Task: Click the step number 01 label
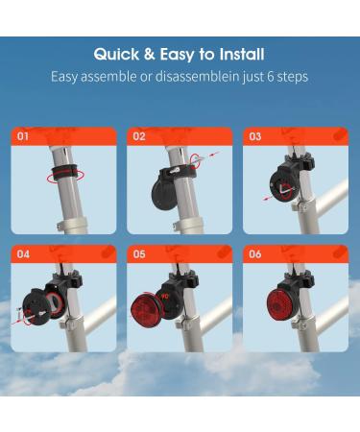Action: [24, 137]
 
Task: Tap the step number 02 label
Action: [139, 137]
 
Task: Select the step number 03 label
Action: [254, 137]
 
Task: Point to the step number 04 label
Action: [24, 255]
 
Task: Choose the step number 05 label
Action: [139, 255]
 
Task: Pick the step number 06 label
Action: [254, 255]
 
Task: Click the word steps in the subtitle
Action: [292, 76]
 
